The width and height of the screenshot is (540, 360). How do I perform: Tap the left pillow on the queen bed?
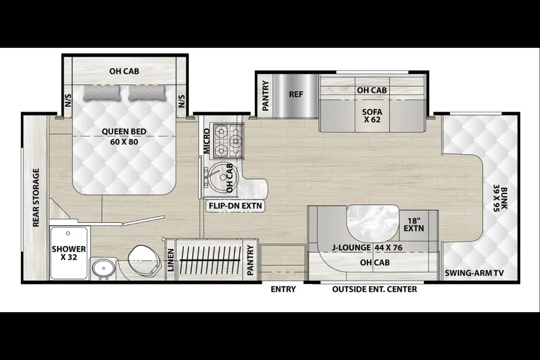102,93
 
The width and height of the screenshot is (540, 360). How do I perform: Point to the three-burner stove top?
229,141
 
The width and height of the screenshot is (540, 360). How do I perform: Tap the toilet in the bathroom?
145,262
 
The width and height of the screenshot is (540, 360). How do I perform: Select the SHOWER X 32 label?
69,253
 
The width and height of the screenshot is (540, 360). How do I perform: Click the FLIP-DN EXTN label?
235,206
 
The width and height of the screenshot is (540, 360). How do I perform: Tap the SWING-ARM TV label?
474,273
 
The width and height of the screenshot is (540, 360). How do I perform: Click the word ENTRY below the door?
283,289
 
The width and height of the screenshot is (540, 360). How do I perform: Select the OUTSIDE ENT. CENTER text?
375,289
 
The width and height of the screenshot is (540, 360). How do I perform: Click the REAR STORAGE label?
36,198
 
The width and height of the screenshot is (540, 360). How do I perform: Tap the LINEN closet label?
171,260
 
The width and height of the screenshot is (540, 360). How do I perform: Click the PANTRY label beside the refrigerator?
265,96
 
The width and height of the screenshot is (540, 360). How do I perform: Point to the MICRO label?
206,141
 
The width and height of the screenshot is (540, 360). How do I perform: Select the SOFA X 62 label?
372,116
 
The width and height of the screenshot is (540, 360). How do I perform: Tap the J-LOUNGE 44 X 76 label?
367,247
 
